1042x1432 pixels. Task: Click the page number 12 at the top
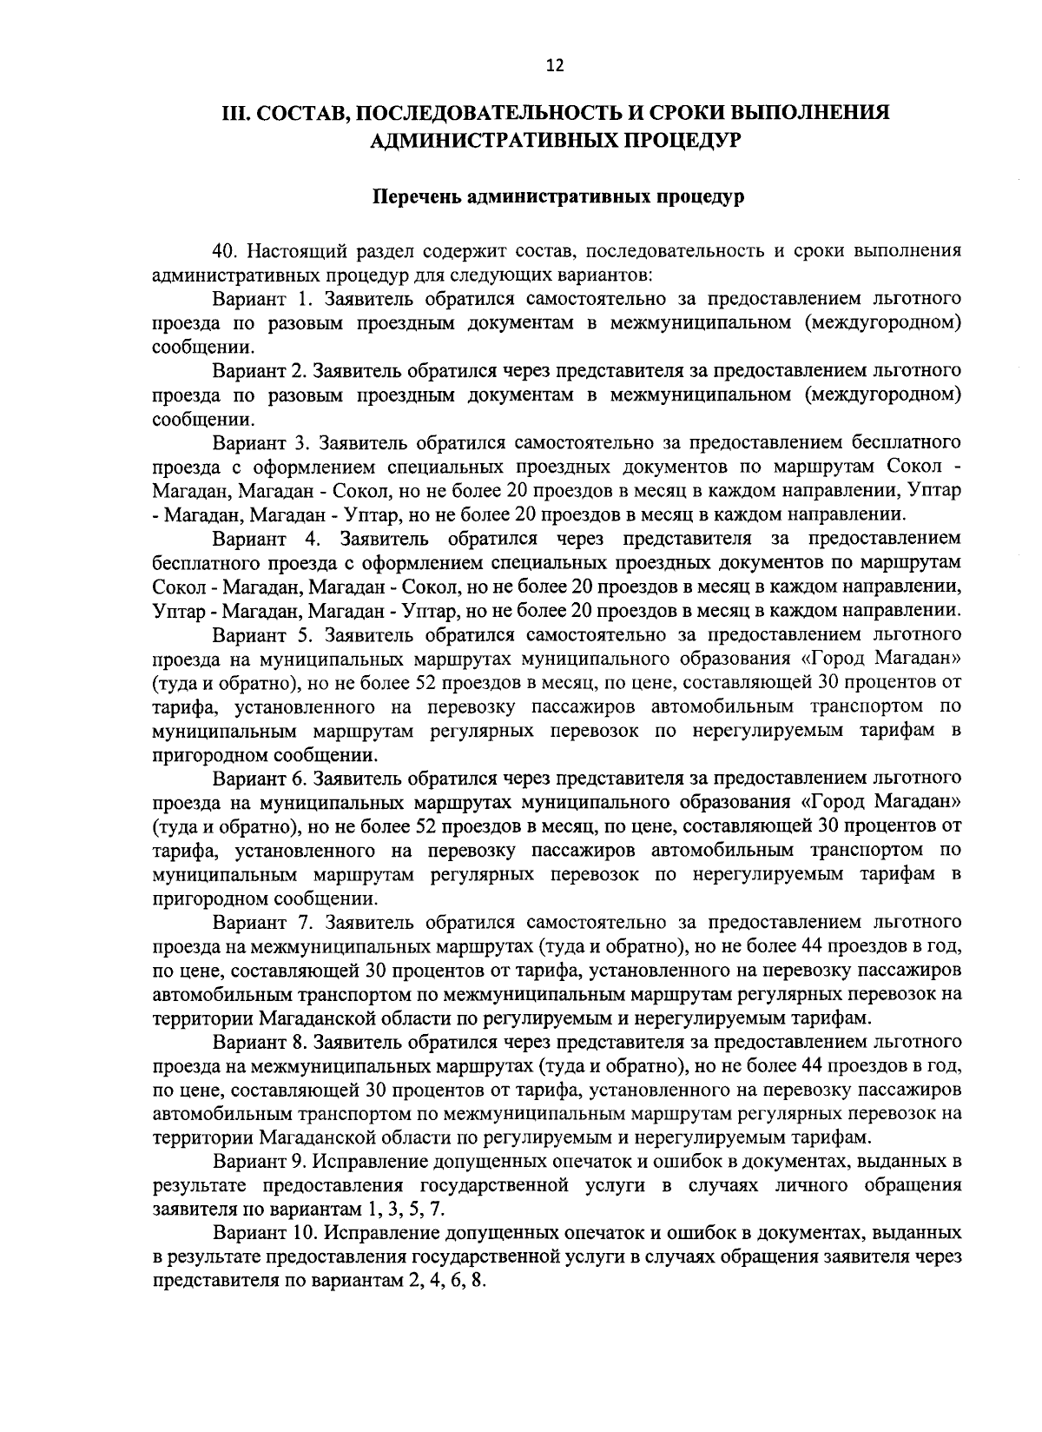click(x=555, y=65)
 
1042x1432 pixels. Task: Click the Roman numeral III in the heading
click(x=238, y=115)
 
